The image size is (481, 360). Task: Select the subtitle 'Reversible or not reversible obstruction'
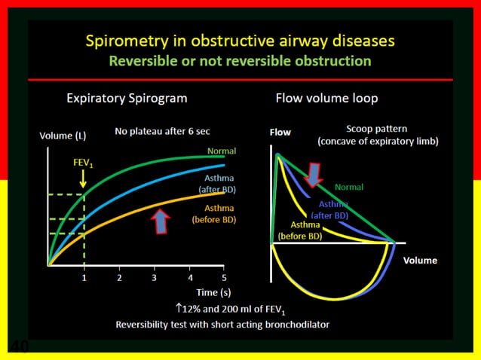240,60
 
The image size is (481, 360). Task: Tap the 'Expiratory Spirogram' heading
127,98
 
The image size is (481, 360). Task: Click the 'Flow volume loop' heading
326,98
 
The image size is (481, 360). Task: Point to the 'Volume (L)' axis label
63,136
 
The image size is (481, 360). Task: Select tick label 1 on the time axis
84,277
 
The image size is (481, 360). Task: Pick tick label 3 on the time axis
155,277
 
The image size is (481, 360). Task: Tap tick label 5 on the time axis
224,277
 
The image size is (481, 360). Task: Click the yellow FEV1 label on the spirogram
83,162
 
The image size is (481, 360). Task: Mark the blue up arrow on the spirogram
161,221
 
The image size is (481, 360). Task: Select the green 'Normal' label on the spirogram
222,151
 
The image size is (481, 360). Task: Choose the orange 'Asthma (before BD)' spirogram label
219,213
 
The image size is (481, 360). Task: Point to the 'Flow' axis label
280,132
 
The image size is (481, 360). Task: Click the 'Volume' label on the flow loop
420,260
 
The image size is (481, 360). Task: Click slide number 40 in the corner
18,346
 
